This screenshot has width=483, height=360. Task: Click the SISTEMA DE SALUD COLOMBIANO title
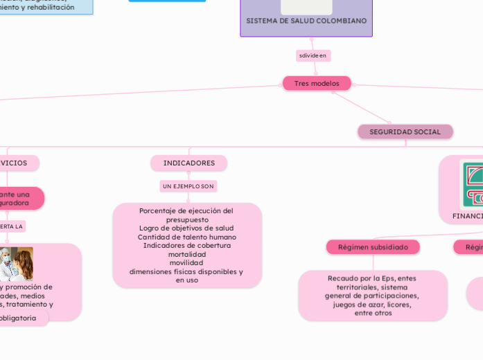coord(306,21)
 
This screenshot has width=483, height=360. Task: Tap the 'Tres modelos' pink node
coord(317,83)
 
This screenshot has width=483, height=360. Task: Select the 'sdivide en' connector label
coord(313,55)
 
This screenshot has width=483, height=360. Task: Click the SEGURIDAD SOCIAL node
coord(405,132)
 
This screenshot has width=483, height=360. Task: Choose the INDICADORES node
coord(188,163)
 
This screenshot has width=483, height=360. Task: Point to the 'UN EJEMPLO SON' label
coord(188,186)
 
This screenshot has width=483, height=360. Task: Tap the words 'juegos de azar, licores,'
coord(372,304)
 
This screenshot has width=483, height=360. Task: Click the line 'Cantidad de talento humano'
coord(187,237)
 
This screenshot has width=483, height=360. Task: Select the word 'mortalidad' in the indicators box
coord(187,254)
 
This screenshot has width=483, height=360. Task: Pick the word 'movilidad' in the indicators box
coord(186,263)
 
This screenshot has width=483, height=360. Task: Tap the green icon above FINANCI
coord(472,183)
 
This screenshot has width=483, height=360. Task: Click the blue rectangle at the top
coord(167,1)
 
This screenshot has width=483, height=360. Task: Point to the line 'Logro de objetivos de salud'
coord(186,228)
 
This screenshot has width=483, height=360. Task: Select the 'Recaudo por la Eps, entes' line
coord(372,278)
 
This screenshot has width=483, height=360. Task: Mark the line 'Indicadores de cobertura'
coord(187,245)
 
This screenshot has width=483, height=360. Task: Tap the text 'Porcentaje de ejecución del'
coord(186,210)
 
